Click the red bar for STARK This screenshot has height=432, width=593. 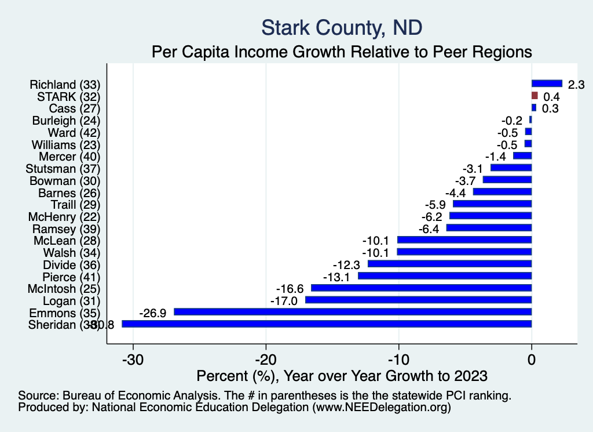click(x=535, y=96)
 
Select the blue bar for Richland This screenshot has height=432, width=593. click(x=547, y=84)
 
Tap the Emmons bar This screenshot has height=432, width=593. click(x=353, y=312)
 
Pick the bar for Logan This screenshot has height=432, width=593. click(x=418, y=300)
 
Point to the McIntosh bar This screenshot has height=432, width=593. click(x=421, y=288)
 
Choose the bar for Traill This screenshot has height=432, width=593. click(x=492, y=204)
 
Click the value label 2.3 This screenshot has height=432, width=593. click(x=576, y=85)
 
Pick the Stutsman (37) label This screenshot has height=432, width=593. click(x=63, y=169)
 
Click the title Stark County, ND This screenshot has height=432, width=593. click(x=342, y=27)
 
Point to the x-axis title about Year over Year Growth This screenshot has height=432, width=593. click(x=342, y=375)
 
